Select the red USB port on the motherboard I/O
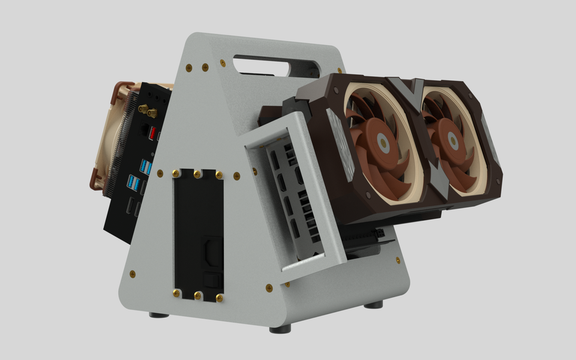click(x=152, y=133)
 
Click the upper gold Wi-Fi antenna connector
click(x=143, y=109)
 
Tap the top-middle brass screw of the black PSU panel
click(x=198, y=174)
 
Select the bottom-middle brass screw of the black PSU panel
click(x=198, y=295)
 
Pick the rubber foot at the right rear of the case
click(x=373, y=305)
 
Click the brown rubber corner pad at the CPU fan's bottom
click(x=95, y=179)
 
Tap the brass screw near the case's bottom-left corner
click(x=132, y=274)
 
